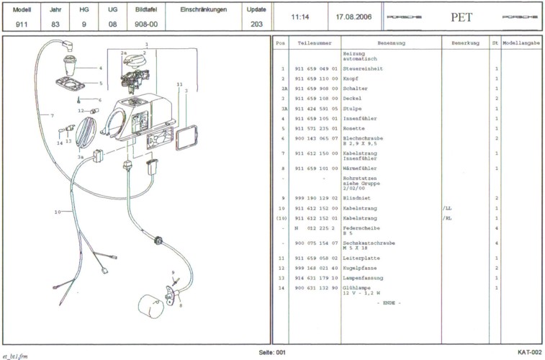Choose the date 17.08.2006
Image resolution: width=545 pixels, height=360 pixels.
coord(353,15)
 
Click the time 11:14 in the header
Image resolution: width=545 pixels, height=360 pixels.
coord(300,15)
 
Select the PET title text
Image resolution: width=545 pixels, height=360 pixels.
coord(461,15)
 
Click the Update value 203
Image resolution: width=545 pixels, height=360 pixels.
coord(256,24)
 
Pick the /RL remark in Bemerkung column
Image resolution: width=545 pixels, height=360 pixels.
coord(447,218)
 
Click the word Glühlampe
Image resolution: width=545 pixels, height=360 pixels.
coord(358,288)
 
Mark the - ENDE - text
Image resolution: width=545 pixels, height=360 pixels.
coord(389,302)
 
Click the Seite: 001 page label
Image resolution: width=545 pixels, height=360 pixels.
coord(273,351)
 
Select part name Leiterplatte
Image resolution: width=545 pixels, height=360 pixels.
coord(359,258)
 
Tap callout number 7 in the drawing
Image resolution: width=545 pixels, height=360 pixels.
coord(52,115)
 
